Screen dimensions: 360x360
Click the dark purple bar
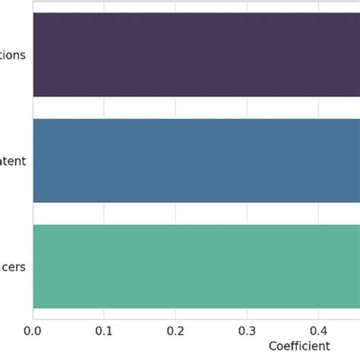tap(196, 55)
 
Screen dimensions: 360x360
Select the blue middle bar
tap(196, 160)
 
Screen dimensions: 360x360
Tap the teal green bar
tap(196, 266)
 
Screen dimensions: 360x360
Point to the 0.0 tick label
tap(33, 331)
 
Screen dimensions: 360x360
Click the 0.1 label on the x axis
tap(104, 331)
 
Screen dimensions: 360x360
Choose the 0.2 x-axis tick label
tap(175, 331)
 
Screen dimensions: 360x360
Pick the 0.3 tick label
tap(247, 331)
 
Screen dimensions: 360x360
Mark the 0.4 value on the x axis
tap(318, 331)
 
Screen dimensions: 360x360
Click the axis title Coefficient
tap(299, 346)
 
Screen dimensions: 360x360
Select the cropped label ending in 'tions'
tap(14, 55)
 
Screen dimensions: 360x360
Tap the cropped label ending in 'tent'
tap(14, 160)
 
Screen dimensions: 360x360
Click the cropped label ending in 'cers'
tap(14, 266)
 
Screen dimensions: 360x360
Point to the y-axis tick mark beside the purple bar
tap(30, 55)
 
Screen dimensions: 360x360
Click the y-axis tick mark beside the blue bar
tap(30, 160)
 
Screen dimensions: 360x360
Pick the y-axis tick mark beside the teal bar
tap(30, 266)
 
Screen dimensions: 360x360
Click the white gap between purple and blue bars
tap(196, 107)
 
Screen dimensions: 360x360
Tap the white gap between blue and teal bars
tap(196, 213)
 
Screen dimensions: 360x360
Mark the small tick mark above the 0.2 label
tap(175, 320)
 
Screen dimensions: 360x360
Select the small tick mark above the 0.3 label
tap(247, 320)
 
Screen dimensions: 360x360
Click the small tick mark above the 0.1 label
tap(104, 320)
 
